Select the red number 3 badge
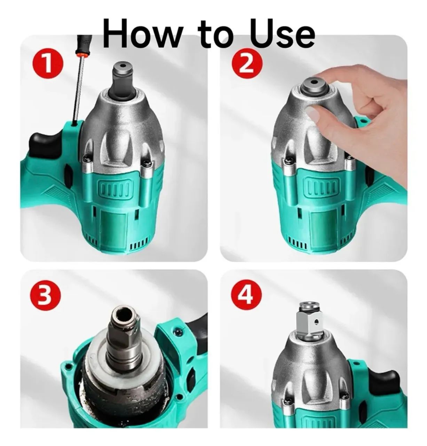coord(46,298)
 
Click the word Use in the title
coord(282,34)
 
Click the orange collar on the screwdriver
coord(82,55)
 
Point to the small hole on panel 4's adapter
coord(316,322)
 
